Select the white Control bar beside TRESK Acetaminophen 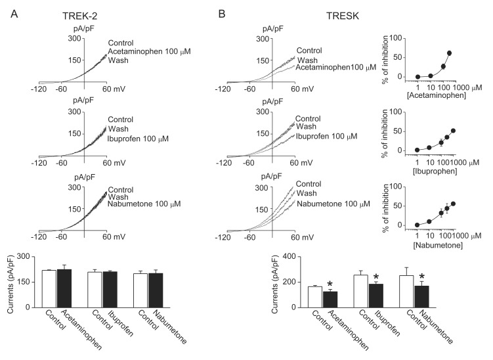(315, 296)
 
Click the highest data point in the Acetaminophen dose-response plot (450, 53)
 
